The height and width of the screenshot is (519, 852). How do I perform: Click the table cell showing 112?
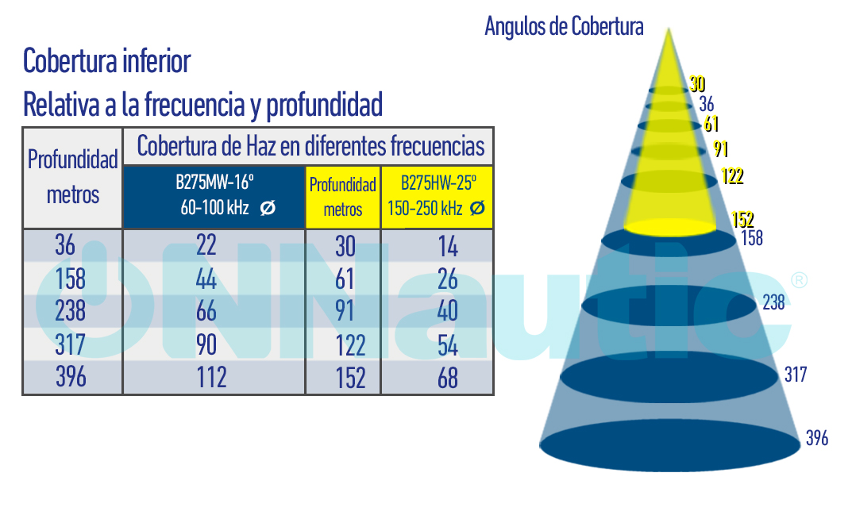(x=212, y=378)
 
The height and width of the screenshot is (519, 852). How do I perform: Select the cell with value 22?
(x=206, y=246)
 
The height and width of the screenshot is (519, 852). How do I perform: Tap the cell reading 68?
(x=448, y=379)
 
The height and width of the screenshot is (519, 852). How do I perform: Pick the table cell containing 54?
(x=448, y=345)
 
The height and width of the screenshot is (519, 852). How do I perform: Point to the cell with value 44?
(x=206, y=279)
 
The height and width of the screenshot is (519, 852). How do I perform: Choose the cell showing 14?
(x=448, y=247)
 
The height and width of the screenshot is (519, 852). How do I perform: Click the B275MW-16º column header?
(x=214, y=196)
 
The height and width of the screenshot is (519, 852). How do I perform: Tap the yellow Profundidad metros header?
(x=342, y=198)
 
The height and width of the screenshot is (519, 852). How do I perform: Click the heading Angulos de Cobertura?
(x=564, y=27)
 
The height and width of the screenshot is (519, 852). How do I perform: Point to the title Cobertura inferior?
(x=106, y=61)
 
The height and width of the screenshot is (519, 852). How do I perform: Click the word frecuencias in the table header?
(x=439, y=146)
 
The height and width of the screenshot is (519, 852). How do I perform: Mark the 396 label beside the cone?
(x=816, y=438)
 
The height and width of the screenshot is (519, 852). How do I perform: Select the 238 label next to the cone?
(x=773, y=302)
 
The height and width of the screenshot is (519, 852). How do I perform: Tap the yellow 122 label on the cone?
(x=732, y=176)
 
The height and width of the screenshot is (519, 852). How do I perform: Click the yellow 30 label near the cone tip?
(x=697, y=84)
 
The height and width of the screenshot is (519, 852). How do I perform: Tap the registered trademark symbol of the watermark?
(x=799, y=280)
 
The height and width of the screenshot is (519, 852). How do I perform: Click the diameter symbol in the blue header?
(x=268, y=209)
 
